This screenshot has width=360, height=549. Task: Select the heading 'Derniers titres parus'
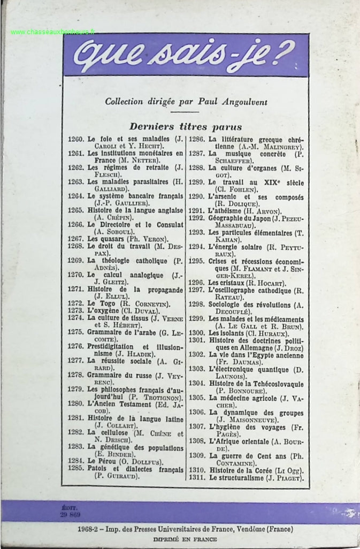coord(186,127)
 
